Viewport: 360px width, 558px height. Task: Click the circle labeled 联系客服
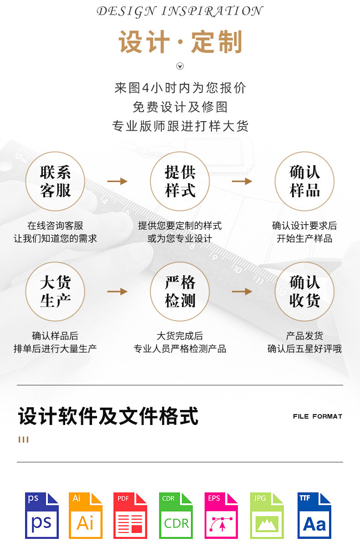[55, 181]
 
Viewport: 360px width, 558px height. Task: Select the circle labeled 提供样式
[180, 181]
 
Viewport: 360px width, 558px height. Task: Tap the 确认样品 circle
[304, 181]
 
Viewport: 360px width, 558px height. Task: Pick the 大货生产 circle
[55, 292]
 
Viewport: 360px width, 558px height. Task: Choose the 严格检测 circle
[180, 292]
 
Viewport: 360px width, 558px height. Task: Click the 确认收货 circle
[304, 292]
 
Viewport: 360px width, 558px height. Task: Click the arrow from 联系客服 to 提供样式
[117, 181]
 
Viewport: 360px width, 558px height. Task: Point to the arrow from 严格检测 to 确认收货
[242, 292]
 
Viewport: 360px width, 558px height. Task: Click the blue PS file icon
[42, 515]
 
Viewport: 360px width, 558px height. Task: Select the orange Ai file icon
[86, 515]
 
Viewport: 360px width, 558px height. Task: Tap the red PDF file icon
[130, 515]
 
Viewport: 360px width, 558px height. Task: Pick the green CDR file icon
[176, 515]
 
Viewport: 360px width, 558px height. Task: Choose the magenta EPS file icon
[221, 515]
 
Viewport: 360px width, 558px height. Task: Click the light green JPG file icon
[267, 515]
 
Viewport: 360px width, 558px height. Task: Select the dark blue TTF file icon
[314, 515]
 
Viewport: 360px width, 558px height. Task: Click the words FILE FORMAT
[317, 416]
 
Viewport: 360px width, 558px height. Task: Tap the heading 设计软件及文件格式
[108, 416]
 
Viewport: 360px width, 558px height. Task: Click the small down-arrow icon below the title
[180, 67]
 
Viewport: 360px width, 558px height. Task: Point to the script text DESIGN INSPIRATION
[180, 11]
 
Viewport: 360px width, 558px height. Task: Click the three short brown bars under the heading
[24, 440]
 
